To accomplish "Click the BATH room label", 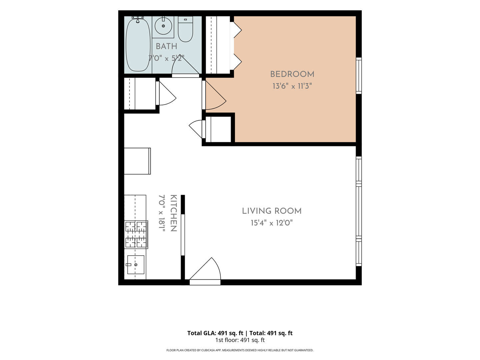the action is (x=166, y=46).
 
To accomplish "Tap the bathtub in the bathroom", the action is (x=138, y=45).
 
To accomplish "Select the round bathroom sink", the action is (x=163, y=26).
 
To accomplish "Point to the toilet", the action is (x=185, y=29).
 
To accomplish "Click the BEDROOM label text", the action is (x=292, y=74).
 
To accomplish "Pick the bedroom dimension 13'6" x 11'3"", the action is (x=292, y=86).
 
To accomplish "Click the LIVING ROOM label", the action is (x=272, y=211).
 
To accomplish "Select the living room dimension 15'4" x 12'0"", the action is (x=272, y=223).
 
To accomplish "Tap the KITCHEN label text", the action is (x=173, y=213).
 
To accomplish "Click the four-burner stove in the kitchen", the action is (x=136, y=235).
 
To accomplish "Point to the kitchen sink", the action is (x=136, y=265).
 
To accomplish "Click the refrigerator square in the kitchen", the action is (x=137, y=161).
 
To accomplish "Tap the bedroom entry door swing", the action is (x=214, y=95).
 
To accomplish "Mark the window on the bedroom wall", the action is (x=359, y=76).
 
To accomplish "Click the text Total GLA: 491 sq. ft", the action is (x=215, y=333).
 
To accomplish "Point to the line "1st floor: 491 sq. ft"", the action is (x=240, y=340).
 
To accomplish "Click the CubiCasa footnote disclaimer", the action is (x=240, y=350).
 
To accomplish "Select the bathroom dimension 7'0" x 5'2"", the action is (x=166, y=58).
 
